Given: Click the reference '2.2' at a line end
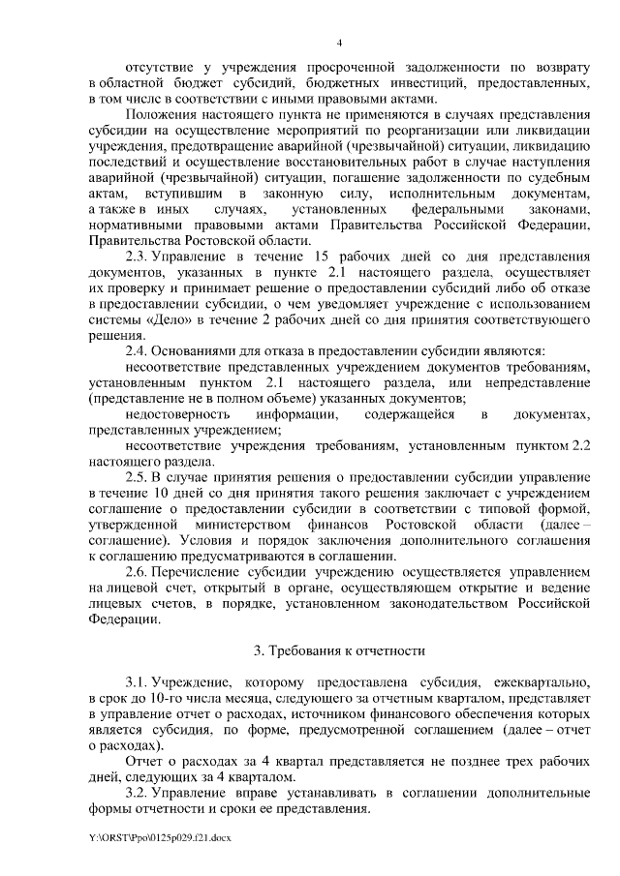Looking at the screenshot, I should tap(579, 445).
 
